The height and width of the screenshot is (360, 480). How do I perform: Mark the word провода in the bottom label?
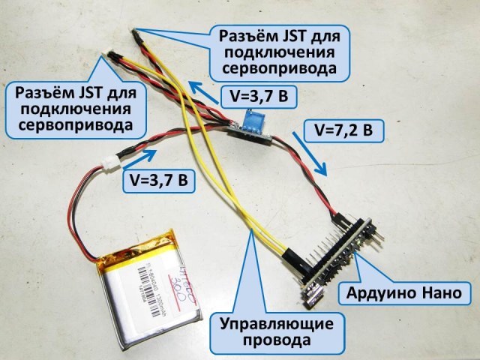276,342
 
